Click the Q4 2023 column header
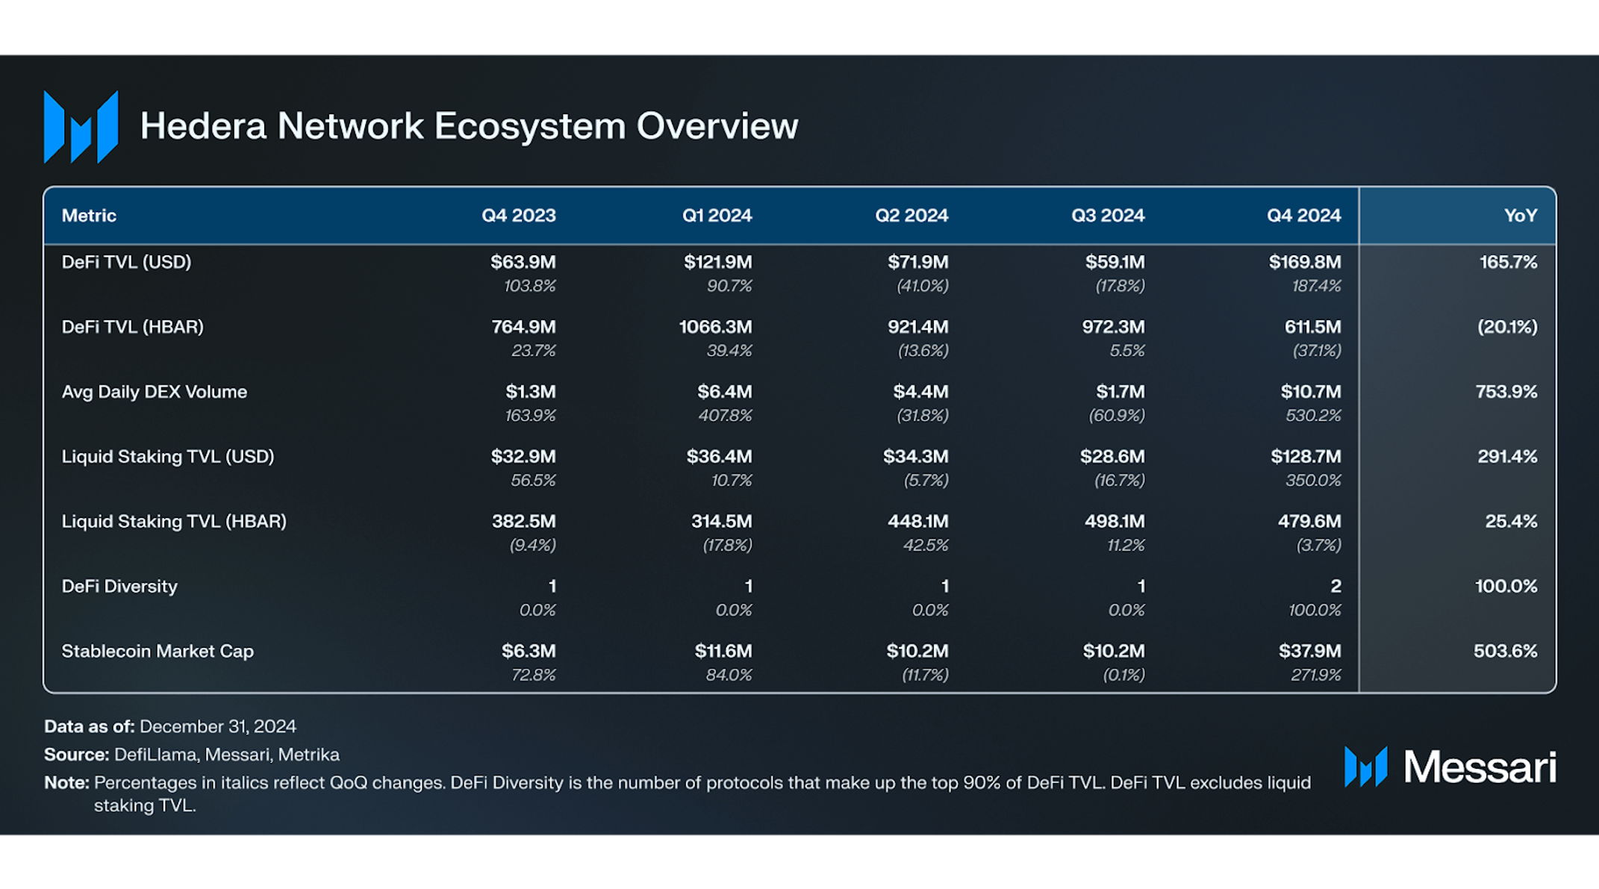pyautogui.click(x=518, y=216)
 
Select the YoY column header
pyautogui.click(x=1520, y=216)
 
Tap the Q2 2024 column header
pyautogui.click(x=911, y=216)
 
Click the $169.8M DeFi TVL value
pyautogui.click(x=1305, y=262)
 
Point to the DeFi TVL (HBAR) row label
pyautogui.click(x=132, y=327)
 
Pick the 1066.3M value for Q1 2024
pyautogui.click(x=715, y=327)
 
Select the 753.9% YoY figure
pyautogui.click(x=1506, y=392)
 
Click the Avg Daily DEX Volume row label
pyautogui.click(x=154, y=392)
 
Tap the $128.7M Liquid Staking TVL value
pyautogui.click(x=1306, y=456)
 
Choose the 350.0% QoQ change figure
pyautogui.click(x=1313, y=480)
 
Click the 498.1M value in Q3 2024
pyautogui.click(x=1115, y=521)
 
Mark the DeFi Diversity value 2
pyautogui.click(x=1335, y=586)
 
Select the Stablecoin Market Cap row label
pyautogui.click(x=158, y=651)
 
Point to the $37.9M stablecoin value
pyautogui.click(x=1309, y=651)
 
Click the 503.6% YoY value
pyautogui.click(x=1505, y=651)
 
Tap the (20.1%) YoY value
pyautogui.click(x=1507, y=327)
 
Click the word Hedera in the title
pyautogui.click(x=203, y=125)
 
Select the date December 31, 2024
pyautogui.click(x=218, y=726)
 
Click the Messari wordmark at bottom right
pyautogui.click(x=1480, y=767)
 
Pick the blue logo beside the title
pyautogui.click(x=81, y=127)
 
